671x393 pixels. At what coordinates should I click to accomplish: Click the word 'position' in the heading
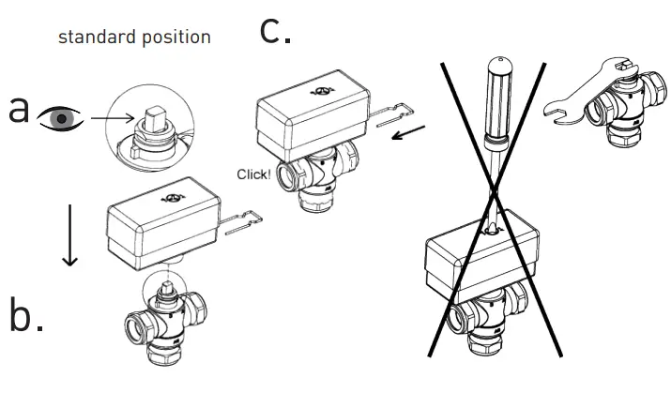click(176, 38)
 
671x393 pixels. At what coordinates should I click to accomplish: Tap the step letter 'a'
click(19, 110)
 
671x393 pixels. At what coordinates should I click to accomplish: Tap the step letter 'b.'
click(26, 314)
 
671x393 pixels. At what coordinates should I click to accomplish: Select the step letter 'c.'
click(275, 31)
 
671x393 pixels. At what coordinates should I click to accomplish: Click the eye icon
click(60, 118)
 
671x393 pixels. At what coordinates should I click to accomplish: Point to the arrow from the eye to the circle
click(113, 117)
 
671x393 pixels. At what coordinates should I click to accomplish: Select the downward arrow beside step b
click(69, 235)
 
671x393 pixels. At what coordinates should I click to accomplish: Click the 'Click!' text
click(253, 174)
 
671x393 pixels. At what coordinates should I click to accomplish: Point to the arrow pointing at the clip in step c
click(408, 132)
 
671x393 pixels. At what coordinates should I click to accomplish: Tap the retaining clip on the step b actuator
click(241, 223)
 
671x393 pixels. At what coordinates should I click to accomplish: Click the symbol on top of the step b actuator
click(173, 198)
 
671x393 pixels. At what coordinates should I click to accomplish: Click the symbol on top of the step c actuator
click(323, 91)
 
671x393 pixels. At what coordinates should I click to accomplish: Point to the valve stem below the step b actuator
click(167, 290)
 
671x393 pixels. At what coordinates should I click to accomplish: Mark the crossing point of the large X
click(494, 195)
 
